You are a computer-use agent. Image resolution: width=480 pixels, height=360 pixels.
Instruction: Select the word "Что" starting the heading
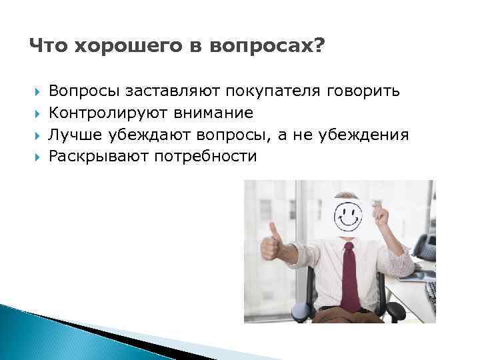point(47,47)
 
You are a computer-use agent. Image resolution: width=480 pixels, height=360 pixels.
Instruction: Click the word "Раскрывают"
point(97,157)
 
